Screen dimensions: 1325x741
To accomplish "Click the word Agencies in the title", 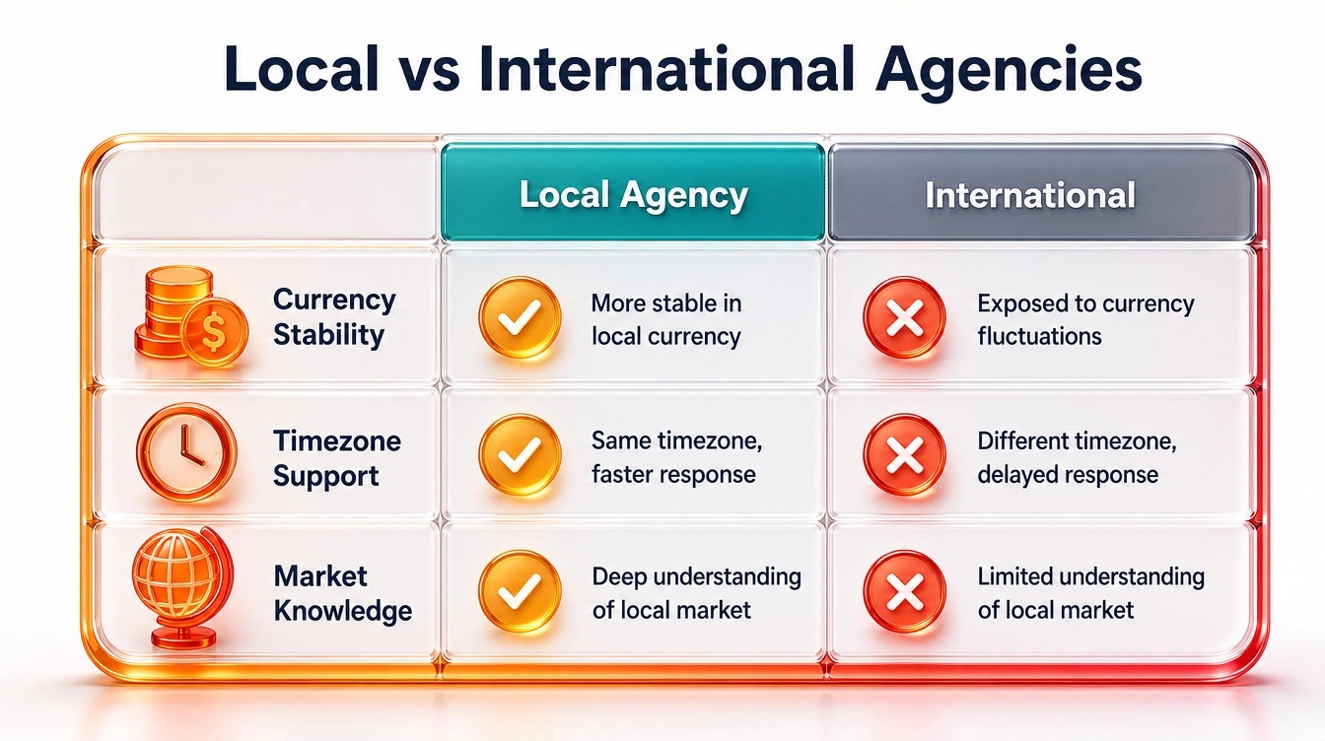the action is (x=1009, y=70).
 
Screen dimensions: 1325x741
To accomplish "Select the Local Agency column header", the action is (x=633, y=192).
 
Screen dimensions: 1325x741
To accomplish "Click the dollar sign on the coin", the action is (x=214, y=332).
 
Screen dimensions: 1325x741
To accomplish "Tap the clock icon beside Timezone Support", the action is (x=186, y=452).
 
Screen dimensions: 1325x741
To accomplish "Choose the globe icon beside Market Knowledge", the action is (x=182, y=586).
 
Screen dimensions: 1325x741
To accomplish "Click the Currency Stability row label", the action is (x=334, y=317).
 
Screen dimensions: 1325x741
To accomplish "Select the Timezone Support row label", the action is (x=337, y=458).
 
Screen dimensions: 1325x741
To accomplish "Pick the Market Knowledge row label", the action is (x=343, y=593).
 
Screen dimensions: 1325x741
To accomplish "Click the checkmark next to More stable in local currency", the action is (x=520, y=317).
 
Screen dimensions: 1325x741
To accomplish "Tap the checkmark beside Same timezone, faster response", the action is (x=520, y=455).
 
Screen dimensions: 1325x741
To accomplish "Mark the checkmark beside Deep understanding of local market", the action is (x=520, y=591).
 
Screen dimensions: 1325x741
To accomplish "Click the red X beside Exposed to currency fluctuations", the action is (x=904, y=317).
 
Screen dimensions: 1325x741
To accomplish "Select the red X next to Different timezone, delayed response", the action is (x=904, y=455).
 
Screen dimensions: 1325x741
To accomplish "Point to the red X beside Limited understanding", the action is (x=904, y=591).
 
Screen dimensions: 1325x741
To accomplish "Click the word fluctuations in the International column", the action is (x=1039, y=336).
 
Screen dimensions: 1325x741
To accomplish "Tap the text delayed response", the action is (x=1068, y=474).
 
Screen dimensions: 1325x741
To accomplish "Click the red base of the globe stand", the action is (x=183, y=639).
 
